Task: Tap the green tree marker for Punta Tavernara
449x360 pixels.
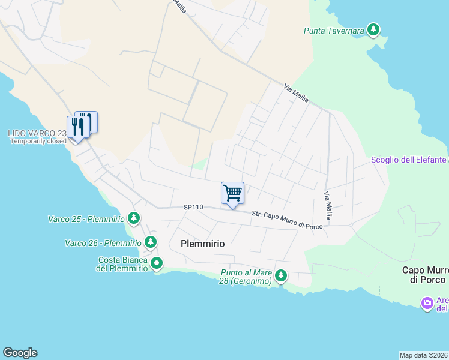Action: coord(373,29)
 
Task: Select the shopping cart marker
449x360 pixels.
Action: coord(232,193)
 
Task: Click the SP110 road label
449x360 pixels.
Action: coord(194,207)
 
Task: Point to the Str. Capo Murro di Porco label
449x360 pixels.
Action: coord(287,220)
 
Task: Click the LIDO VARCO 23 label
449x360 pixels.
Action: coord(37,133)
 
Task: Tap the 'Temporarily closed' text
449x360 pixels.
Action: coord(38,142)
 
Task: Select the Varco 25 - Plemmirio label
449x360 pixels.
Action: coord(86,219)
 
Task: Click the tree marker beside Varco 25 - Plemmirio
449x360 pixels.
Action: coord(135,218)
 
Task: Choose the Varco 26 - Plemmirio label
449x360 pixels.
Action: coord(103,243)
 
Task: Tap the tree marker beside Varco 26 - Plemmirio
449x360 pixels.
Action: coord(151,242)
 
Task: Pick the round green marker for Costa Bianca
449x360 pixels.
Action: coord(157,263)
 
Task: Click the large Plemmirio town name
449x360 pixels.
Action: coord(202,244)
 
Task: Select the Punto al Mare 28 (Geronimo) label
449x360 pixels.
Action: coord(246,277)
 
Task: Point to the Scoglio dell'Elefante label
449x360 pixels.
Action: coord(409,160)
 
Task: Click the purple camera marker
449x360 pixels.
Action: coord(427,304)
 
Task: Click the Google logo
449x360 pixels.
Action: coord(20,353)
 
